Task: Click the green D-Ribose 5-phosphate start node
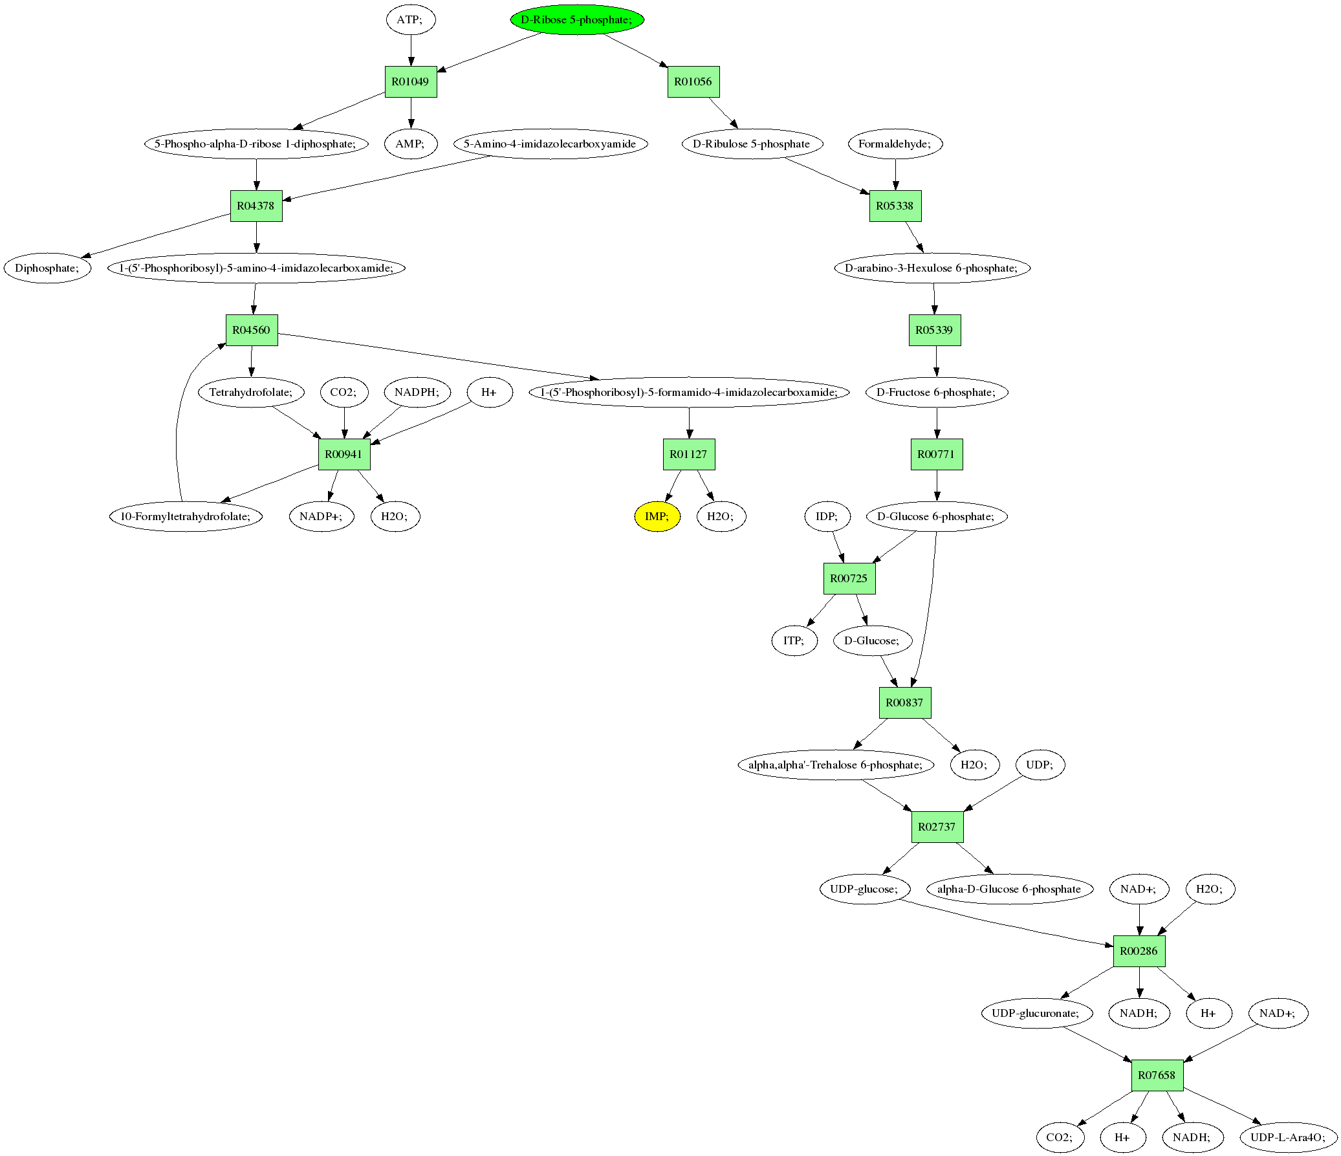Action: pos(576,19)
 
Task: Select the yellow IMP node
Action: pos(657,516)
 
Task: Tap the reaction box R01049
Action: pos(410,82)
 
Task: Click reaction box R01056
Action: pos(693,82)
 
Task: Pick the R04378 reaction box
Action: pos(256,206)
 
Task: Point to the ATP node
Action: pos(410,19)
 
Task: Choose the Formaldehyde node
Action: pos(895,144)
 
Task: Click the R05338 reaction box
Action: pos(895,206)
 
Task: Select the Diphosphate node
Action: pos(47,268)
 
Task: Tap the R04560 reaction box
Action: pos(251,330)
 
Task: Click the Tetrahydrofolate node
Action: pos(251,392)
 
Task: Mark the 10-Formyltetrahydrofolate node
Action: pos(186,516)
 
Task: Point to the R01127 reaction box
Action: pos(689,454)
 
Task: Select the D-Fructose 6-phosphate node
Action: pos(936,392)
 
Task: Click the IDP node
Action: pos(827,516)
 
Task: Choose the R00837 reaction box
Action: pos(905,703)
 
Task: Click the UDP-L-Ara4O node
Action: pos(1288,1138)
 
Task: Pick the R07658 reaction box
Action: pos(1157,1076)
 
